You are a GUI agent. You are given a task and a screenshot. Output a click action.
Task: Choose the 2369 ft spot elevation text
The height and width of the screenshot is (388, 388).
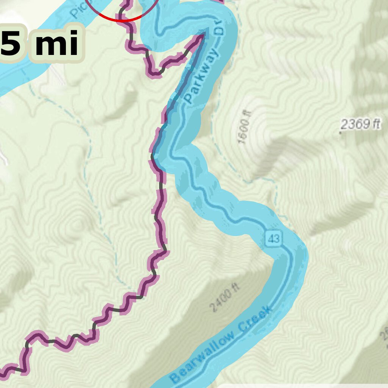click(360, 124)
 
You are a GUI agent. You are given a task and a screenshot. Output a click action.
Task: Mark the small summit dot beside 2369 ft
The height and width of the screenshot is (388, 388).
click(340, 133)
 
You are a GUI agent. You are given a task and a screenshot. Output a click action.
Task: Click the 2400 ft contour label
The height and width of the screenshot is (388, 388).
click(224, 299)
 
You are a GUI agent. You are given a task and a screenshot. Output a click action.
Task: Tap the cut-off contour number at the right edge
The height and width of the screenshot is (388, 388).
click(384, 333)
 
